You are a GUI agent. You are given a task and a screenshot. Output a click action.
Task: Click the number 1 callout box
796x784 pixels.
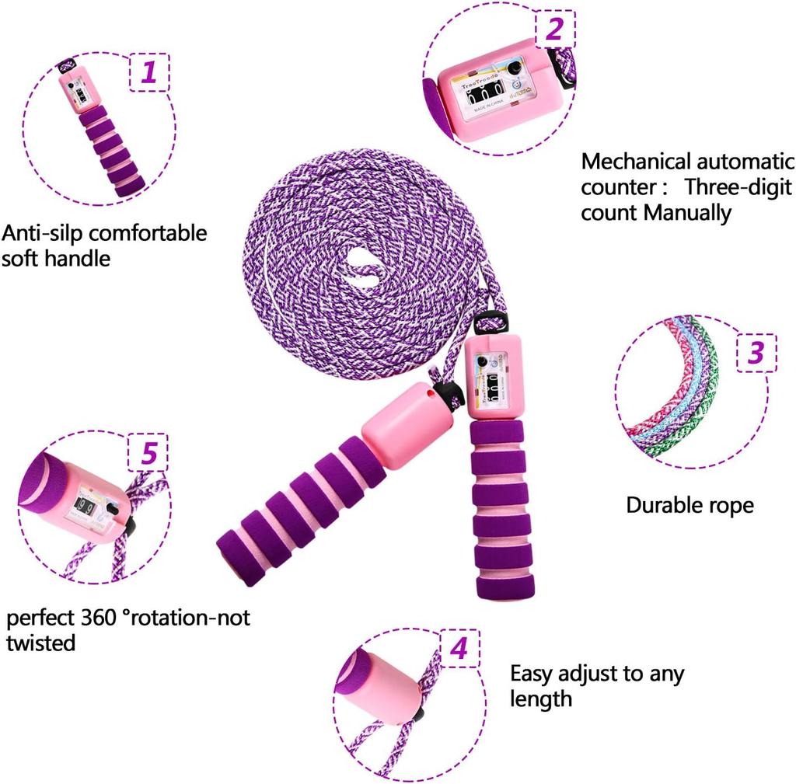point(148,73)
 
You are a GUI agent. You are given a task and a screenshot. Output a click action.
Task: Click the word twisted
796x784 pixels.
point(41,643)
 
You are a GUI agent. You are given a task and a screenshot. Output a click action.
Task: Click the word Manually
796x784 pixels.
point(688,212)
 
